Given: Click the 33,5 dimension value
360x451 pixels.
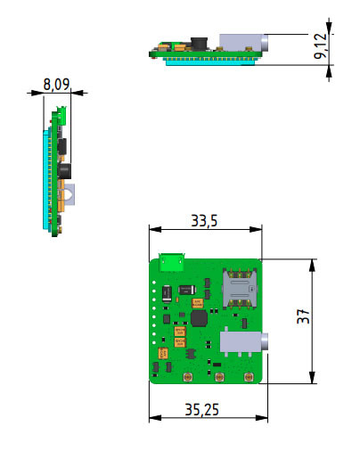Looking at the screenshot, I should (x=205, y=220).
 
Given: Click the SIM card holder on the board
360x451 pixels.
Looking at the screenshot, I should (x=241, y=287).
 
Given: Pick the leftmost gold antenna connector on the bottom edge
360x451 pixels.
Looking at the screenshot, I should (x=188, y=378).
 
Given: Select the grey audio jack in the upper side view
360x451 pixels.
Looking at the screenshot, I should (x=241, y=43).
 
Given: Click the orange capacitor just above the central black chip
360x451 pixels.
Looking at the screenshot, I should (x=198, y=303).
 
